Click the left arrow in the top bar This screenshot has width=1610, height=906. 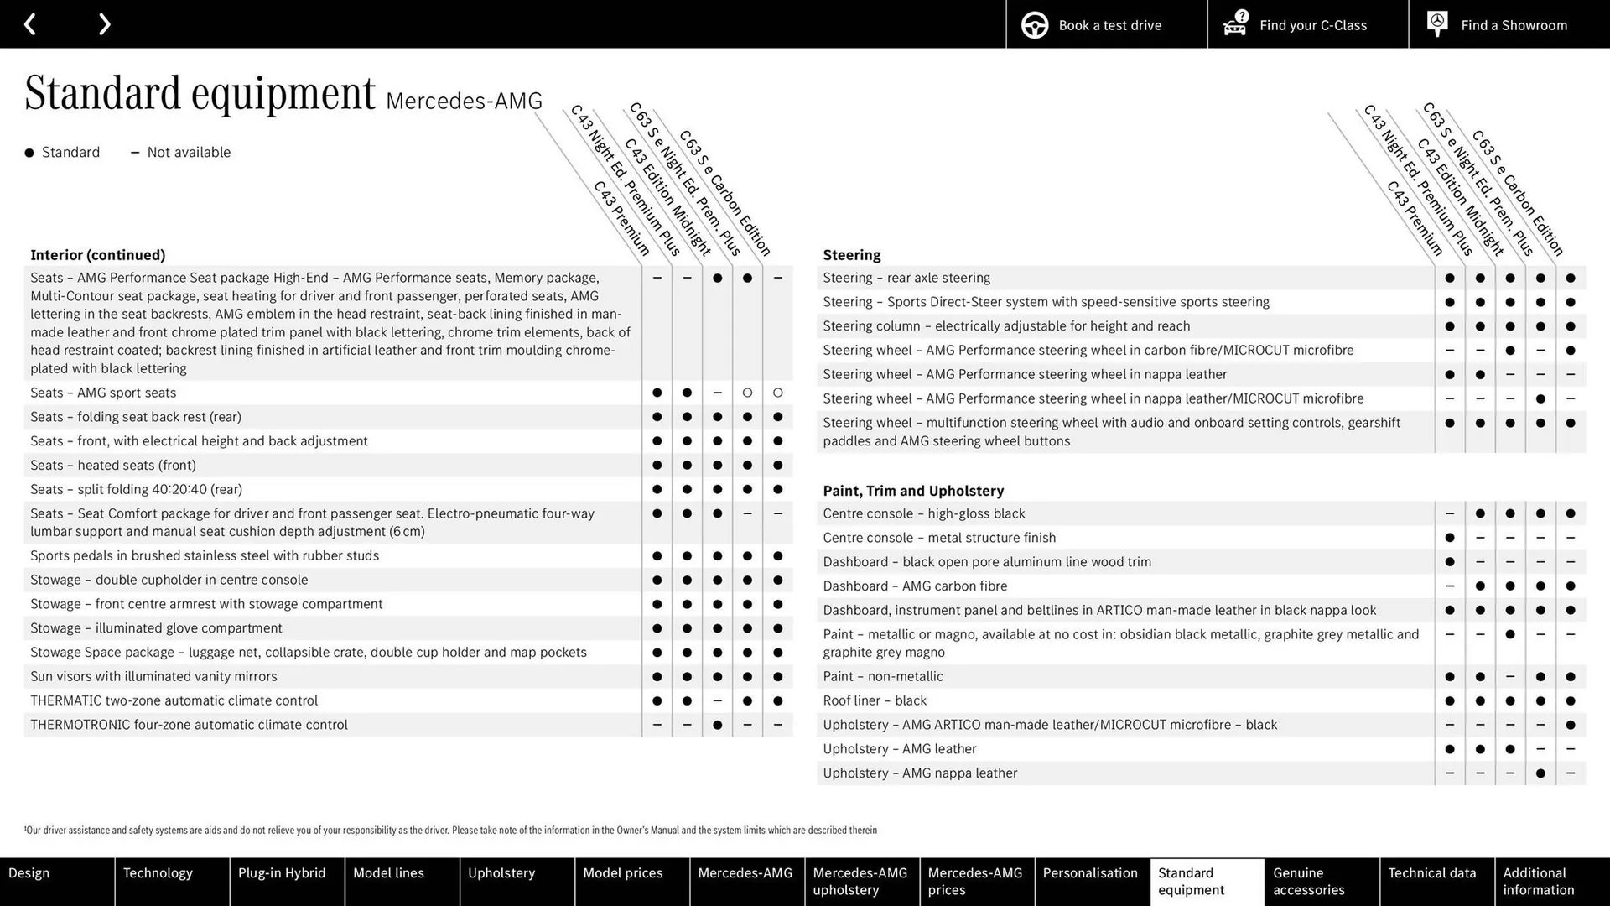[x=30, y=24]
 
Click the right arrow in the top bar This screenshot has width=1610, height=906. [x=104, y=24]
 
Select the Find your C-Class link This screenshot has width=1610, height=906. [x=1307, y=25]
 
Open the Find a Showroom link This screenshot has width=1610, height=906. [x=1509, y=25]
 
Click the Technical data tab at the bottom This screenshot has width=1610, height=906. [x=1431, y=873]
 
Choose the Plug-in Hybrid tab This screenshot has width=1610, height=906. [x=282, y=873]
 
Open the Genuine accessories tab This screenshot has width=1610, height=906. [x=1308, y=881]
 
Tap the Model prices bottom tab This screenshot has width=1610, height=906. [x=622, y=873]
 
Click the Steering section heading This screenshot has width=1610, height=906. [x=851, y=255]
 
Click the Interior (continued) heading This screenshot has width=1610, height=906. [x=97, y=255]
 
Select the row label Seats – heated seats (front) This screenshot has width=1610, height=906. [x=113, y=466]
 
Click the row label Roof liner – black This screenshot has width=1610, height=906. [x=874, y=700]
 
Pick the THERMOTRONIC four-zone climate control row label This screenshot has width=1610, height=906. [x=189, y=725]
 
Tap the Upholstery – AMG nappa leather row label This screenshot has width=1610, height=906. [x=919, y=773]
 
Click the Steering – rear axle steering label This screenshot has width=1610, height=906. [x=906, y=278]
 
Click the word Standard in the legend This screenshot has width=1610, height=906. [x=70, y=153]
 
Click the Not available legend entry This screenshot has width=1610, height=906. [x=188, y=153]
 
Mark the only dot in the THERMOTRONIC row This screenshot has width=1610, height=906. [x=717, y=725]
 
